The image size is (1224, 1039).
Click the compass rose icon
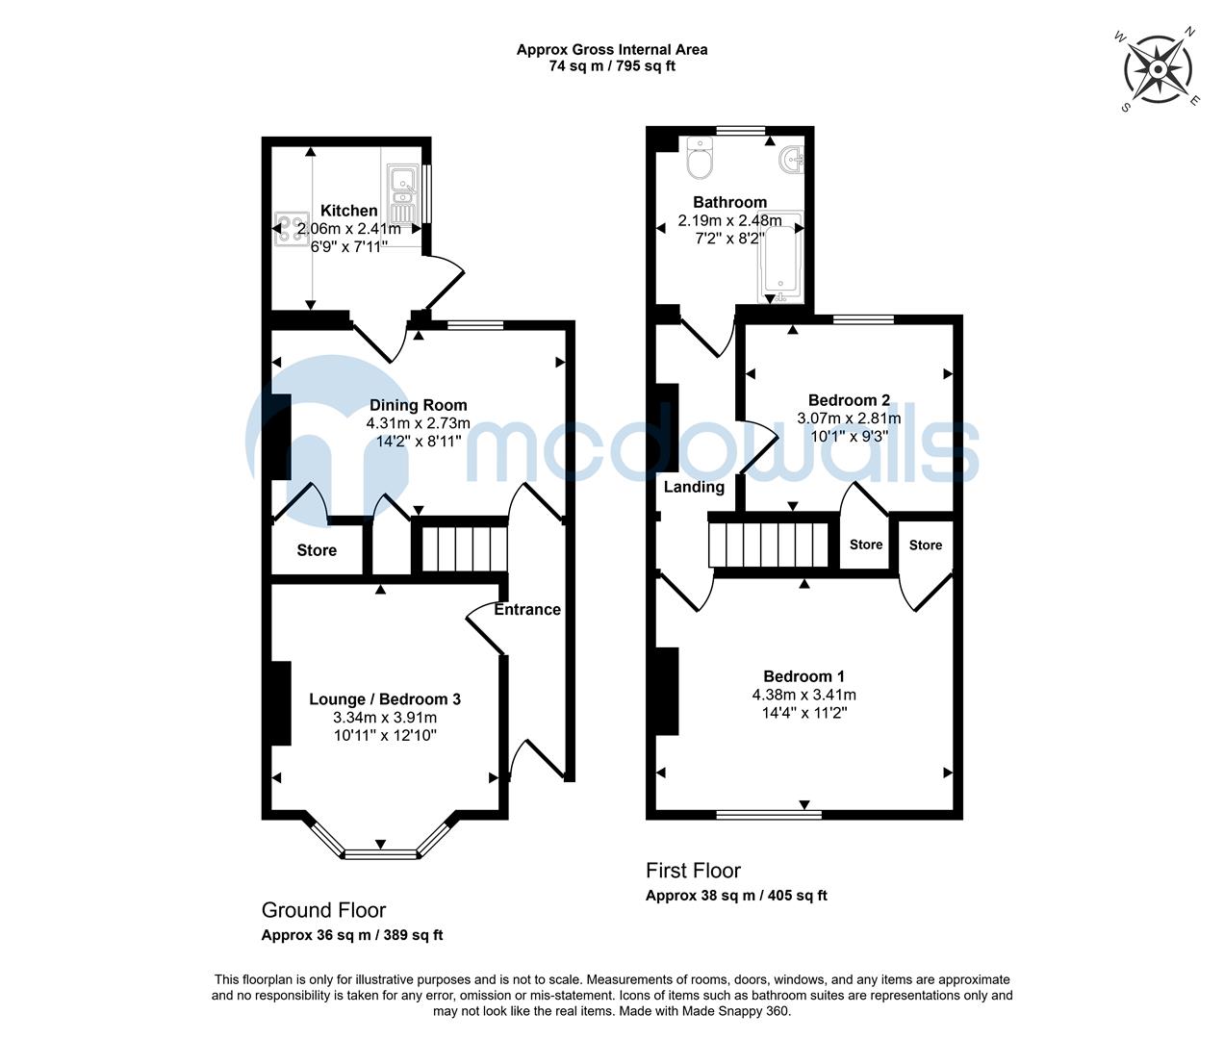point(1159,69)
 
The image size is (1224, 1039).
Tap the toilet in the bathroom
point(700,161)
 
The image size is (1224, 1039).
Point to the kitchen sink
point(400,193)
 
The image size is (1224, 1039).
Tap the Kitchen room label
point(348,211)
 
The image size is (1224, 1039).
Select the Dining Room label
point(418,405)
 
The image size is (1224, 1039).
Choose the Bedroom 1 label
point(803,676)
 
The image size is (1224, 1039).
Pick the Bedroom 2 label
point(849,400)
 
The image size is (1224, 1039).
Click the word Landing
point(694,487)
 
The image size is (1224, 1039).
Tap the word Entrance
point(527,609)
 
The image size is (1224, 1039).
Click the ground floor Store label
point(317,550)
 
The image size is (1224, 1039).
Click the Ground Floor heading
point(323,910)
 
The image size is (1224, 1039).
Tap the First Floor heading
point(693,871)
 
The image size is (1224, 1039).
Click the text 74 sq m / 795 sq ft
point(612,66)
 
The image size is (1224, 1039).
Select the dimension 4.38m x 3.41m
point(803,695)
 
